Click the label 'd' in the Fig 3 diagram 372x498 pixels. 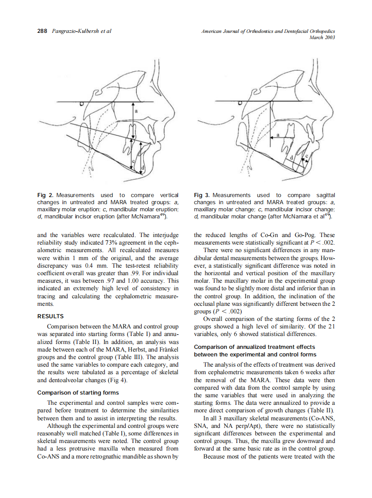[x=291, y=158]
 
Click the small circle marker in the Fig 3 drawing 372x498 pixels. [x=240, y=103]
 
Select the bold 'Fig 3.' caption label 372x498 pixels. [x=202, y=195]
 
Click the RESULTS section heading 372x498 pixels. [x=51, y=316]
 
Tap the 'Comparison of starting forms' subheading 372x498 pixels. [x=78, y=392]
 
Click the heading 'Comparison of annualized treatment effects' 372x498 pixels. [x=254, y=347]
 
